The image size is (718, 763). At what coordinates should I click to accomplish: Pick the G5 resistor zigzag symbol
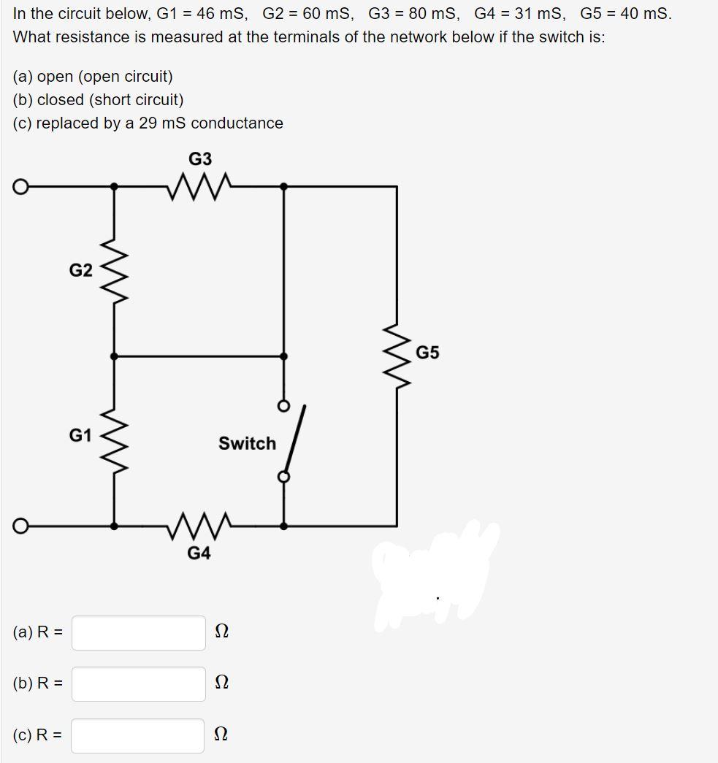(x=397, y=356)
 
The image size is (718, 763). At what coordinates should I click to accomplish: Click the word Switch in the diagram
(x=247, y=443)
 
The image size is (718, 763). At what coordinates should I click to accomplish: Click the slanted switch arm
(x=295, y=440)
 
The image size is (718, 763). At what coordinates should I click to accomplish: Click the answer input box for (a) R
(x=138, y=632)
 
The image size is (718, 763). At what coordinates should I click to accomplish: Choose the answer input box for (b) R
(x=138, y=683)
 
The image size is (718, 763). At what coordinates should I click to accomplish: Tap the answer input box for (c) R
(x=138, y=735)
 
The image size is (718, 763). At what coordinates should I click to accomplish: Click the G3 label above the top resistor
(x=200, y=159)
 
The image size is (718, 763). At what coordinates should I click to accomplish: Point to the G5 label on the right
(x=428, y=353)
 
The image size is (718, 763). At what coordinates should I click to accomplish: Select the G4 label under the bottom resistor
(x=199, y=553)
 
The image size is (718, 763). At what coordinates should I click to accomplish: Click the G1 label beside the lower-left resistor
(x=80, y=435)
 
